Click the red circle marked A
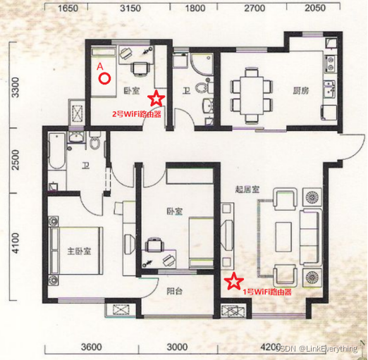pos(104,79)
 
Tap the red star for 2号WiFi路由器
pos(156,98)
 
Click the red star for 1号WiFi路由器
pos(233,280)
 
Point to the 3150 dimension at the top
pos(130,8)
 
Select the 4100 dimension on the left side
pos(16,243)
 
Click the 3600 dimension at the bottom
pos(92,347)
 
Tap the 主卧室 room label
pos(79,252)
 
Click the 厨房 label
pos(301,91)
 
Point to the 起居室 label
pos(247,190)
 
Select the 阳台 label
pos(175,292)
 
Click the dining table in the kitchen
pos(251,95)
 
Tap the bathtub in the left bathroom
pos(56,151)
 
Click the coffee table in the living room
pos(283,237)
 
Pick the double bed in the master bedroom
pos(75,251)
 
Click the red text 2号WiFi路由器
pos(137,114)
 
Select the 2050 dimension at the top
pos(315,8)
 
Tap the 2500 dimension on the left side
pos(16,160)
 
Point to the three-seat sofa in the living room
pos(310,237)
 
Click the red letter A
pos(100,66)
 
